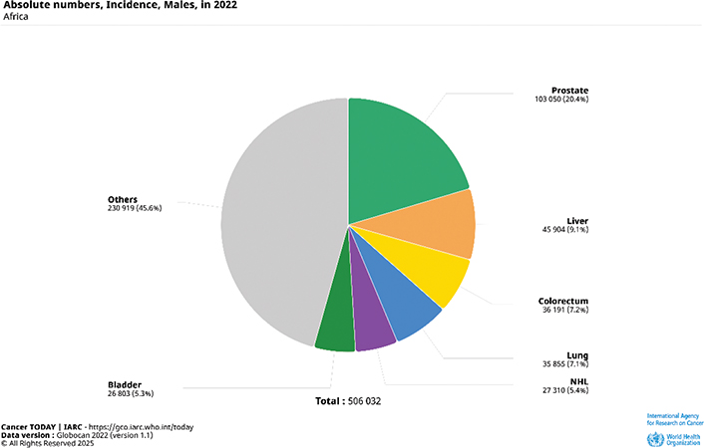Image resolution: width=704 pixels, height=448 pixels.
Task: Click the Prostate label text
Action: [569, 91]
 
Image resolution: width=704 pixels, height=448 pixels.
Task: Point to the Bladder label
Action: [125, 383]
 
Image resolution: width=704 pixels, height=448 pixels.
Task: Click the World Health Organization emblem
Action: [654, 438]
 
